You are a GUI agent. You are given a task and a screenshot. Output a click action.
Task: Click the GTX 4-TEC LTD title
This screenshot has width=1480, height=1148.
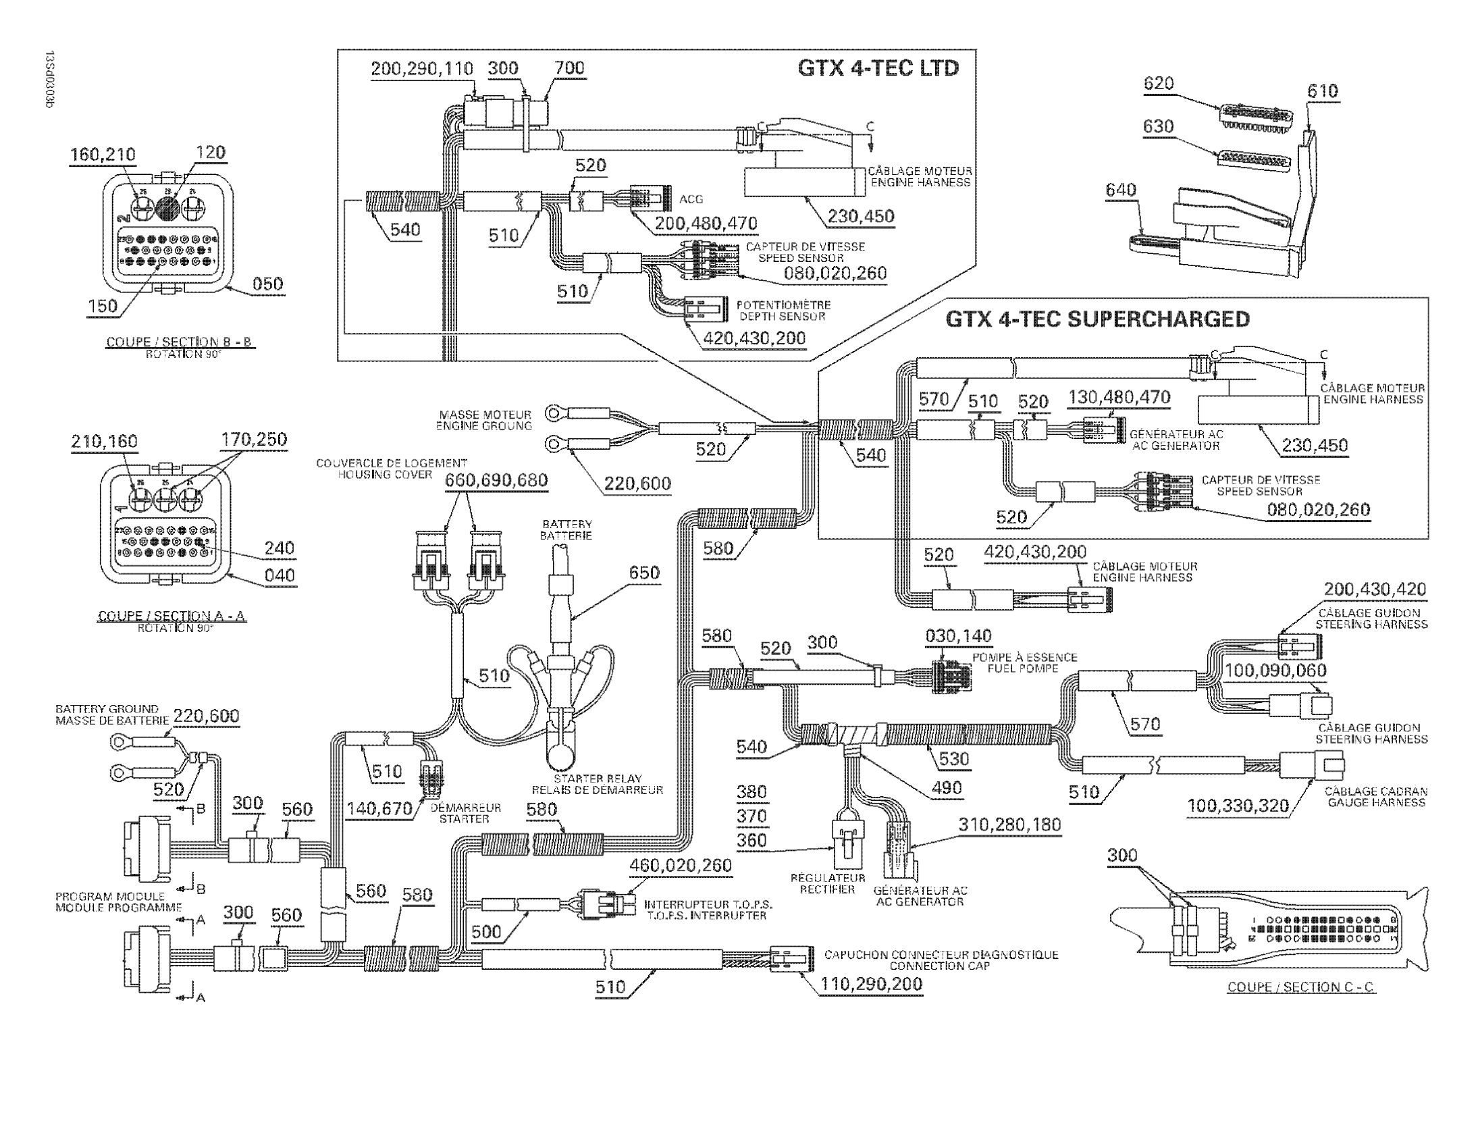point(878,68)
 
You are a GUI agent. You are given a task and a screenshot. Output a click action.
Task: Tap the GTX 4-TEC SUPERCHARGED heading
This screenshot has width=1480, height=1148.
point(1097,319)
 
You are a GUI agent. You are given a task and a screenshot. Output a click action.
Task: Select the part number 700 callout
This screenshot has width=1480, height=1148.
point(569,68)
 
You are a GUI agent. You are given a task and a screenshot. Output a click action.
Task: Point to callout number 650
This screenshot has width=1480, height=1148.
point(643,573)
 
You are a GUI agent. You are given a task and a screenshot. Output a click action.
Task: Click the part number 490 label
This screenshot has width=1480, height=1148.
point(947,788)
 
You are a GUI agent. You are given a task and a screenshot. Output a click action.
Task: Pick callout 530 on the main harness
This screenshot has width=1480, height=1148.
point(954,759)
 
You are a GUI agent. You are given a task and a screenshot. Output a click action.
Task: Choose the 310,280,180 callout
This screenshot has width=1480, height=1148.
point(1009,825)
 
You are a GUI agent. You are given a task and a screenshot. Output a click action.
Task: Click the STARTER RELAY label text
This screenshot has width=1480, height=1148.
point(597,779)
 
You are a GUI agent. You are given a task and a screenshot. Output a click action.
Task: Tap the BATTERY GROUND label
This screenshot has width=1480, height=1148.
point(107,709)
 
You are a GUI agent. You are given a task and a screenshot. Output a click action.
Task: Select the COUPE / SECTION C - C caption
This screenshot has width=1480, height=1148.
point(1300,987)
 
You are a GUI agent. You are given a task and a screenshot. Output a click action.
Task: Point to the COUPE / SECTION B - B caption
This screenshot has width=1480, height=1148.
point(178,342)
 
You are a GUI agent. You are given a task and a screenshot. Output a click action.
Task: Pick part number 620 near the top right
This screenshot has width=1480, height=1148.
point(1158,84)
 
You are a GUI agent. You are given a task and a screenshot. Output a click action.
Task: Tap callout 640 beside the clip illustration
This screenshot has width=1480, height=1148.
point(1121,190)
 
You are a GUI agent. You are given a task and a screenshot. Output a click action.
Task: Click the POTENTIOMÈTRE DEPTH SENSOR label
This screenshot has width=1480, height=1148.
point(783,311)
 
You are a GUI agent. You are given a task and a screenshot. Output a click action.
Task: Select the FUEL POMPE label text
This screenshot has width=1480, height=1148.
point(1023,668)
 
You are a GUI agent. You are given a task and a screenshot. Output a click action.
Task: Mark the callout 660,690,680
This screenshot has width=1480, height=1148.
point(496,481)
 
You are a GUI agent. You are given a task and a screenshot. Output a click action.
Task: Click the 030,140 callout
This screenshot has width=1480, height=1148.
point(958,635)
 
